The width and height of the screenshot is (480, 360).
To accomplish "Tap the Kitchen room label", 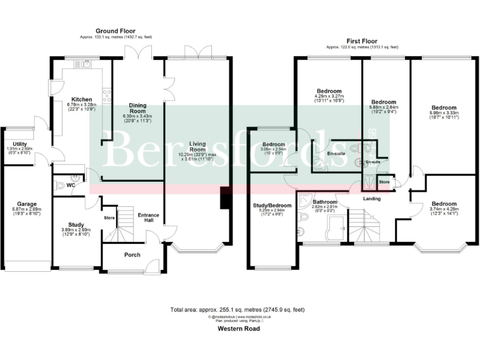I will pos(81,99).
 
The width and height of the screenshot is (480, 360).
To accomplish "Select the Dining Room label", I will pos(137,109).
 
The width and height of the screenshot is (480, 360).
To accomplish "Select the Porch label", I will pos(132,254).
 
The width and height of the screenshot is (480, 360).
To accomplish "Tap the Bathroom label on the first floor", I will pos(325,202).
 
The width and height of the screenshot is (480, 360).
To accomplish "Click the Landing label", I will pos(372,199).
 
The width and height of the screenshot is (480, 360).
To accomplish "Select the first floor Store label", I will pos(385,182).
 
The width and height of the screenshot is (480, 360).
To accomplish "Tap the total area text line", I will pos(238,309).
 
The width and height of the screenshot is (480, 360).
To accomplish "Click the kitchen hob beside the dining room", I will pos(107,96).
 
